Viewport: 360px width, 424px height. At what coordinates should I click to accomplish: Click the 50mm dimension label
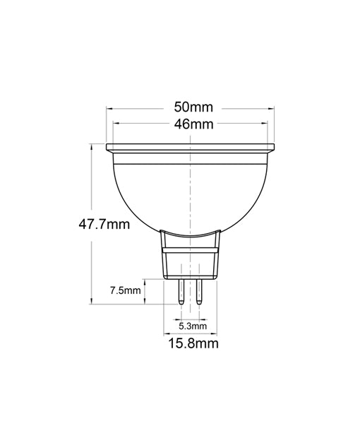pyautogui.click(x=193, y=108)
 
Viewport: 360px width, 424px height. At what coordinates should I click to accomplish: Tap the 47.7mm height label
pyautogui.click(x=104, y=225)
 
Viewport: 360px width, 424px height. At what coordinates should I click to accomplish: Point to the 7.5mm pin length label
pyautogui.click(x=126, y=290)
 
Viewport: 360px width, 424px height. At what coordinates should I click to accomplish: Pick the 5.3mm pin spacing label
pyautogui.click(x=192, y=326)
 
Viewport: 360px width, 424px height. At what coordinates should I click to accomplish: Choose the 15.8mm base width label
pyautogui.click(x=192, y=344)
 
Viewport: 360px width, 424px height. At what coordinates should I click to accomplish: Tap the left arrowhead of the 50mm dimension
pyautogui.click(x=109, y=108)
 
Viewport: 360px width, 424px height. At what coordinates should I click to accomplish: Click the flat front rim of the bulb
pyautogui.click(x=191, y=149)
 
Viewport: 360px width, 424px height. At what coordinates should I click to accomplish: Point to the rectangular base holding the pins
pyautogui.click(x=191, y=261)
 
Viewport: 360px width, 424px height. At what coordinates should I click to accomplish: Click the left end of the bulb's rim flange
pyautogui.click(x=108, y=149)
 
